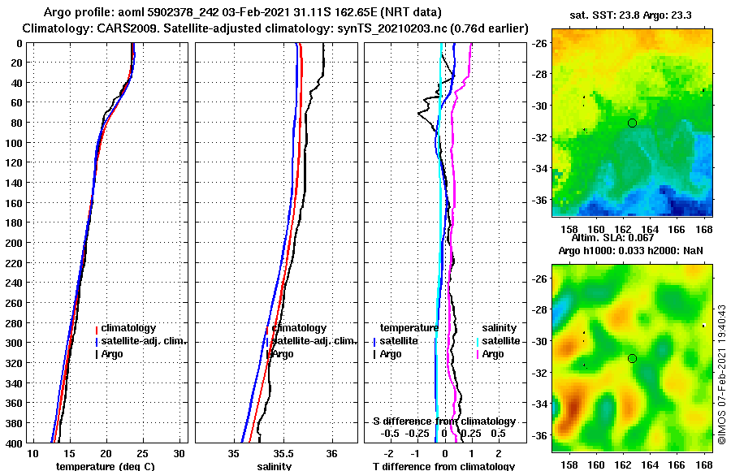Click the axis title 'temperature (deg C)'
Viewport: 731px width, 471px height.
point(105,466)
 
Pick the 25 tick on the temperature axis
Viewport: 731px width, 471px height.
point(142,452)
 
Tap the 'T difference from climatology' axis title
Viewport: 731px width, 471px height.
point(443,466)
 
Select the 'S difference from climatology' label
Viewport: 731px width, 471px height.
point(443,421)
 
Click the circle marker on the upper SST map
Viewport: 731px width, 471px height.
point(632,123)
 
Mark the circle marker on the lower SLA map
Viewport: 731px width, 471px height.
point(632,358)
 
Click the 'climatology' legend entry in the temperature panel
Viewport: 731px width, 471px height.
point(129,328)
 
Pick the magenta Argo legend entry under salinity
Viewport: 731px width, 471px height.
point(492,354)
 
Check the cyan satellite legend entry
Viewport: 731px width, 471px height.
point(496,341)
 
